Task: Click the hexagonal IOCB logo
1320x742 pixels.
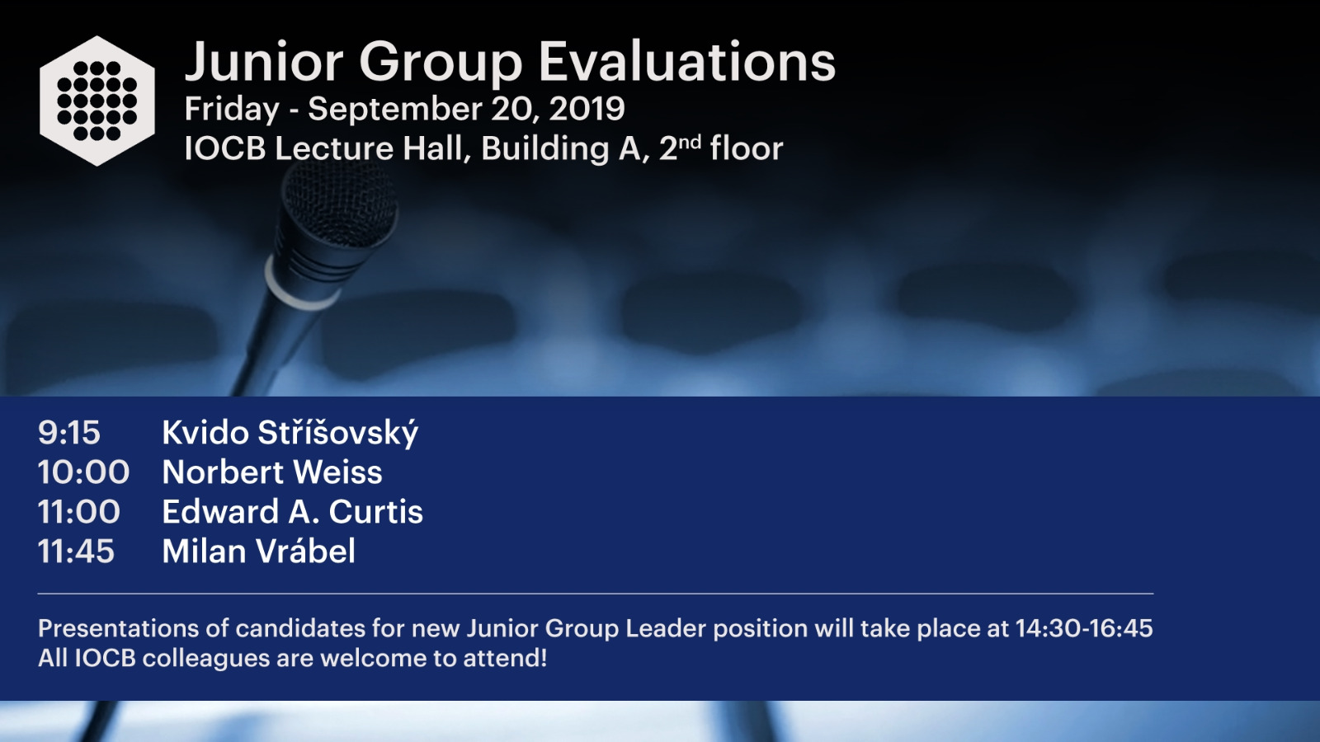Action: [x=97, y=101]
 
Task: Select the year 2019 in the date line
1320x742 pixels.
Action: [x=587, y=109]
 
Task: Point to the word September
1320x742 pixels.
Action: [x=395, y=110]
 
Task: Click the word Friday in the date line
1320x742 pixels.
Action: [x=232, y=110]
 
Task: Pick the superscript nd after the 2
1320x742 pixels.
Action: [x=691, y=142]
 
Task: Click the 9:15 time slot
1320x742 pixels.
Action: [x=69, y=433]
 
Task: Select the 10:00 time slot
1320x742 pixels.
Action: [x=83, y=472]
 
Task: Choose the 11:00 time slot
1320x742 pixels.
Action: [x=79, y=512]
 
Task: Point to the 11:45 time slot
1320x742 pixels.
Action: [x=76, y=552]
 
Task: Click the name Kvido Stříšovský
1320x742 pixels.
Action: [x=290, y=433]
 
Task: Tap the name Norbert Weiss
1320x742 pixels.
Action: [x=272, y=472]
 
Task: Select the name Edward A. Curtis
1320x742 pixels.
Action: [x=292, y=512]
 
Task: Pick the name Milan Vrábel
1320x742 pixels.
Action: [x=259, y=551]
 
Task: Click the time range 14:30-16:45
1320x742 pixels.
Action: [x=1084, y=628]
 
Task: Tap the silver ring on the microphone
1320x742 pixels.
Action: [x=300, y=286]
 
